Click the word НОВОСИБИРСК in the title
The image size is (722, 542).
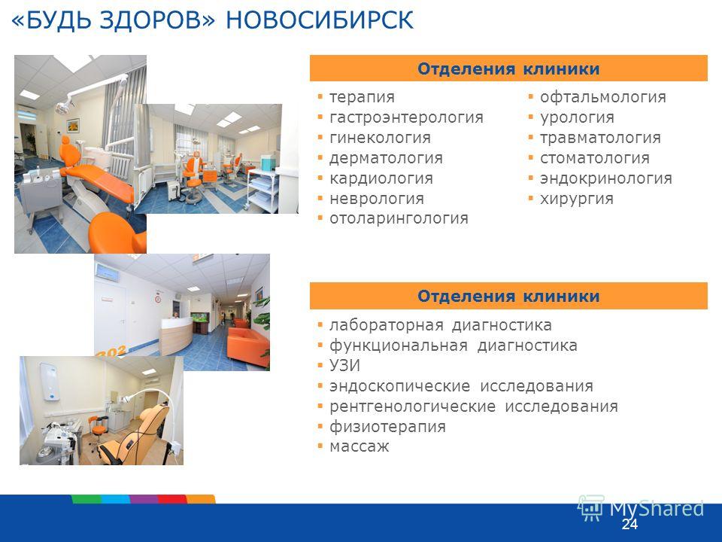[x=320, y=20]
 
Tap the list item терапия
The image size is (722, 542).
[x=362, y=97]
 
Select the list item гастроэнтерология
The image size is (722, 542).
[x=406, y=117]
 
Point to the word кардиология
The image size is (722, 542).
[x=381, y=178]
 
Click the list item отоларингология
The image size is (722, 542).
[x=399, y=218]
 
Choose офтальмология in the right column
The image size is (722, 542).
[x=602, y=97]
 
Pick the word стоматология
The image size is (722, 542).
[x=594, y=158]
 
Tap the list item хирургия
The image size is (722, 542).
[x=577, y=199]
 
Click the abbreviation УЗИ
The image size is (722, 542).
[x=345, y=366]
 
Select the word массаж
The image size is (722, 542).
[x=359, y=446]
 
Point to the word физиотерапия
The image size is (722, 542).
[x=387, y=427]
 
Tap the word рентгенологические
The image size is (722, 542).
[x=412, y=406]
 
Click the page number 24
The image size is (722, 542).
[x=629, y=524]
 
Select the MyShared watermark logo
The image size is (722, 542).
[x=641, y=509]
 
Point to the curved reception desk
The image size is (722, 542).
[x=175, y=336]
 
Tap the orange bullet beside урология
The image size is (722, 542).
[x=531, y=117]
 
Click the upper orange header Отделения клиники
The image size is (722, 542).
[x=508, y=69]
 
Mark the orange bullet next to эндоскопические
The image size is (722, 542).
[x=320, y=385]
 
